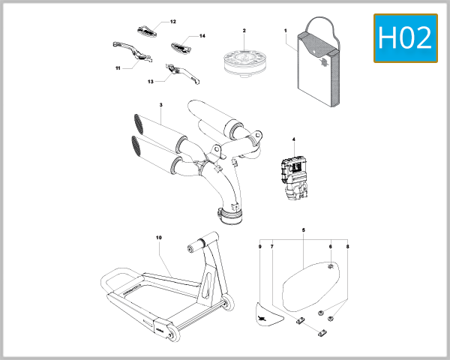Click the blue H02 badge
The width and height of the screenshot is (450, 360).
pos(405,38)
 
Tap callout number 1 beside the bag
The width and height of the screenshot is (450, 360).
pos(286,31)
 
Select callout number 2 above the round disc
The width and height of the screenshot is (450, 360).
pos(244,31)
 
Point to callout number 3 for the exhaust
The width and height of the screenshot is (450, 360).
pos(160,105)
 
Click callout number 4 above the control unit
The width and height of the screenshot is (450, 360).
pos(294,139)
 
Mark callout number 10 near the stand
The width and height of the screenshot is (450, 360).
pos(159,238)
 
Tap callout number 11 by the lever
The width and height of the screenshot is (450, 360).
pos(118,67)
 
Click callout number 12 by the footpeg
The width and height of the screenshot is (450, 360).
pos(173,22)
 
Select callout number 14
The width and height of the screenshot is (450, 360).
pos(202,36)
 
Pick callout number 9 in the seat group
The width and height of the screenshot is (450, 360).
pos(259,246)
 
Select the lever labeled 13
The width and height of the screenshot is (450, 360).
pos(178,70)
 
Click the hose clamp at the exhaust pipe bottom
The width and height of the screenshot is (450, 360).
pos(233,217)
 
